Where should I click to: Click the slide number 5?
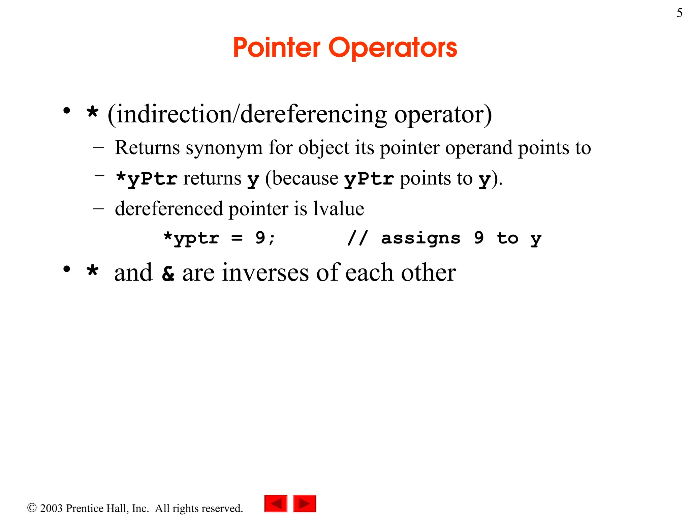(x=679, y=13)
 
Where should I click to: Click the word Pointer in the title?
(x=277, y=48)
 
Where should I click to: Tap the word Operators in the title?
(x=393, y=48)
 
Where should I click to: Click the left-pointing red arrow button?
(x=276, y=503)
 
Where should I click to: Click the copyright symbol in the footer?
(x=32, y=508)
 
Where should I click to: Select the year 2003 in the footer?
(x=51, y=508)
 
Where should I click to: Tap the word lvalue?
(x=339, y=208)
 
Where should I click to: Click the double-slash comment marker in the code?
(x=357, y=238)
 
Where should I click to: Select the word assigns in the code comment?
(x=420, y=238)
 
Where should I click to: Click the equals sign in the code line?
(x=237, y=238)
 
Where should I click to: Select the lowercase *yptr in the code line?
(x=191, y=238)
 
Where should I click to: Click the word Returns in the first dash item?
(x=147, y=148)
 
